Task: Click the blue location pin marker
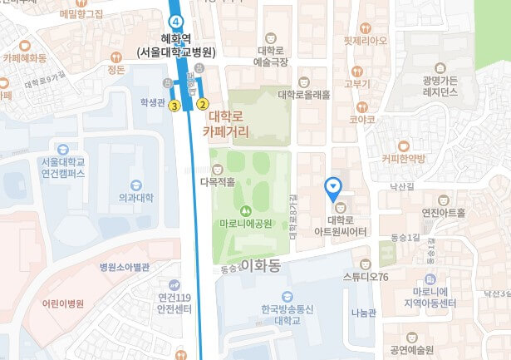tap(334, 187)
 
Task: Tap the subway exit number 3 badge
tap(174, 106)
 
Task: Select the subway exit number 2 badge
tap(202, 105)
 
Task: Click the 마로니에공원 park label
tap(246, 223)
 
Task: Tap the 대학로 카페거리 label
tap(229, 125)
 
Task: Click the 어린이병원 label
tap(63, 303)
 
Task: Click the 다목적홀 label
tap(219, 180)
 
